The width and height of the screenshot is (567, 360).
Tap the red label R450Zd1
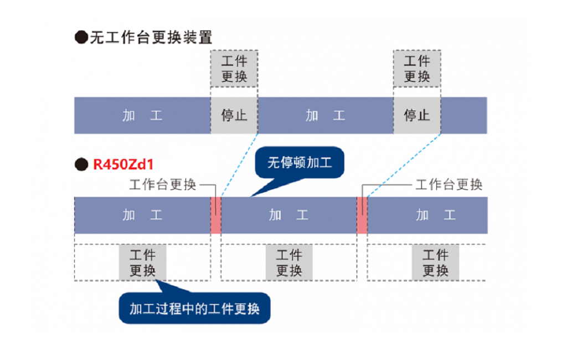pyautogui.click(x=122, y=164)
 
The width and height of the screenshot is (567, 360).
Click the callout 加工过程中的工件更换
pyautogui.click(x=194, y=308)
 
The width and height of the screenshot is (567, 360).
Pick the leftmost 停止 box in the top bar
pyautogui.click(x=234, y=115)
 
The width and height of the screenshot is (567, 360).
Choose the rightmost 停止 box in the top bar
pyautogui.click(x=417, y=115)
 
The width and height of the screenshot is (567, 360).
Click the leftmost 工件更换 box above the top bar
pyautogui.click(x=234, y=69)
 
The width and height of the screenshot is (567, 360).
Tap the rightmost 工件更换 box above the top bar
pyautogui.click(x=417, y=69)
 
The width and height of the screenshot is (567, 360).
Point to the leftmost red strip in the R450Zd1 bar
pyautogui.click(x=216, y=215)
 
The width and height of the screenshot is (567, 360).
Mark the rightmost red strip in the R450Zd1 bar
pyautogui.click(x=362, y=215)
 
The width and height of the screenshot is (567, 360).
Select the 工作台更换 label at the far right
pyautogui.click(x=449, y=184)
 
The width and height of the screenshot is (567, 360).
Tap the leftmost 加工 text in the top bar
pyautogui.click(x=142, y=116)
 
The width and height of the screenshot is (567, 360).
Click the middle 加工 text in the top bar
pyautogui.click(x=326, y=116)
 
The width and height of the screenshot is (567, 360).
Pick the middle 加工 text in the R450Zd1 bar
pyautogui.click(x=288, y=215)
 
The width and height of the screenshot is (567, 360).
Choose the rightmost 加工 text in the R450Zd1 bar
pyautogui.click(x=435, y=215)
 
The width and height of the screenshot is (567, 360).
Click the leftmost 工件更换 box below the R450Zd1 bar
pyautogui.click(x=142, y=263)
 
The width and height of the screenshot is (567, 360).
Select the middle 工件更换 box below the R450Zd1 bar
pyautogui.click(x=288, y=263)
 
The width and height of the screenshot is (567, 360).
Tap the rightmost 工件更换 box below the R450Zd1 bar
pyautogui.click(x=435, y=263)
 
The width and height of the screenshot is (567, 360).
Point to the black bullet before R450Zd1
pyautogui.click(x=81, y=164)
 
